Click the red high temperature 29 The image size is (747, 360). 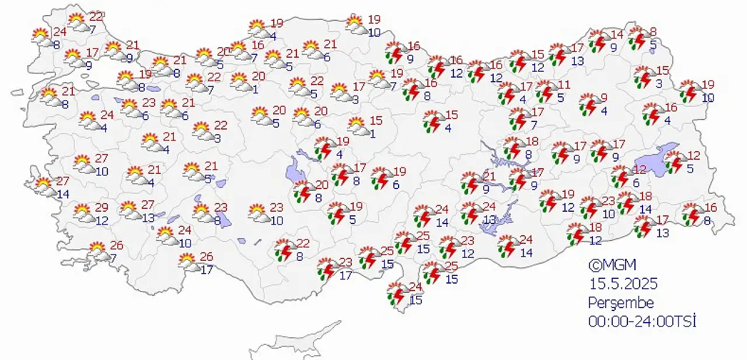pos(102,208)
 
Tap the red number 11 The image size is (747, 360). pos(564,85)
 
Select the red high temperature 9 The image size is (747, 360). pos(604,97)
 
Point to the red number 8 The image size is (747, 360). pos(653,32)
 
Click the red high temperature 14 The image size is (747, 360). pos(617,34)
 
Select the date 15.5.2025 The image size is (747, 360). pos(623,284)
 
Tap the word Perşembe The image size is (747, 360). pos(621,303)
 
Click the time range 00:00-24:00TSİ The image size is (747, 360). pos(643,321)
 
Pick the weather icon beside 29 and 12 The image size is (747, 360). pos(84,214)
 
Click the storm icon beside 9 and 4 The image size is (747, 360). pos(588,104)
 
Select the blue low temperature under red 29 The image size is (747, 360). pos(102,221)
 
